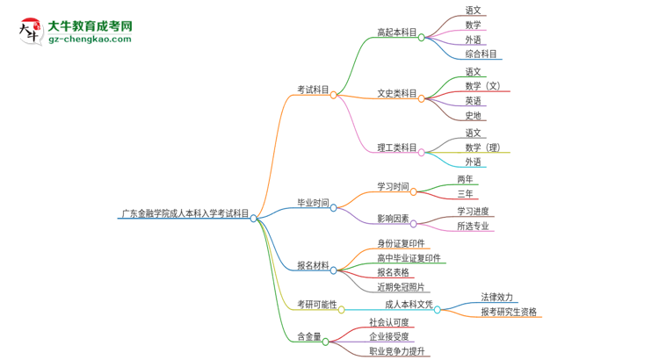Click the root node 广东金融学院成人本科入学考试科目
[x=185, y=212]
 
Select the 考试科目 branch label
[x=313, y=90]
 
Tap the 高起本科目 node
[x=397, y=32]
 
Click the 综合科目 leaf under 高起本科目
[x=482, y=54]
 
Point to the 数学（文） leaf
[x=483, y=86]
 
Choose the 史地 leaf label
[x=474, y=115]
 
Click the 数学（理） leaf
[x=483, y=148]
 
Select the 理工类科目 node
[x=397, y=148]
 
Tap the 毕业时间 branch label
[x=313, y=202]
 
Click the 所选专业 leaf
[x=474, y=227]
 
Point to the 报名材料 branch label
[x=313, y=265]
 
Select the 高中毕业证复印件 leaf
[x=409, y=258]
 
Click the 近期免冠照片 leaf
[x=401, y=287]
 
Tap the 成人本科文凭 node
[x=409, y=304]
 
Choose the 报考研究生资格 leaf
[x=509, y=312]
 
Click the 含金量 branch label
[x=309, y=335]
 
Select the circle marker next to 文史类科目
[x=422, y=93]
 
